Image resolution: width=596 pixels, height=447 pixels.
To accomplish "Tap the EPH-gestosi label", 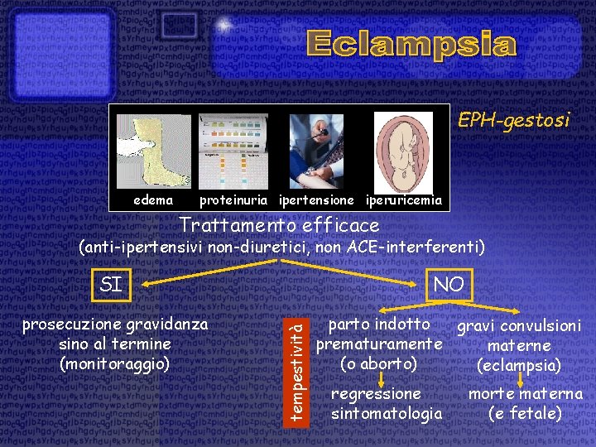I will tap(514, 121).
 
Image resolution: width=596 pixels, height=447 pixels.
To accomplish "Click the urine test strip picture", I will tap(233, 151).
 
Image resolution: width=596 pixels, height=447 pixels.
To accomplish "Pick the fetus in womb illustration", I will tap(403, 151).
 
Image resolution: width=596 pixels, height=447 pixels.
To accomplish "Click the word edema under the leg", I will tap(153, 200).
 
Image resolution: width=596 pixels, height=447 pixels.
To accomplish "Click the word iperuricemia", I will tap(403, 200).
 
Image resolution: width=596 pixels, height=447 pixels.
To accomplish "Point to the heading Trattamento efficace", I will tap(279, 225).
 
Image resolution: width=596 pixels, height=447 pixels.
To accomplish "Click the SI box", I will tap(111, 285).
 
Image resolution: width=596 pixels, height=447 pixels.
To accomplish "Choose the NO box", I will tap(448, 285).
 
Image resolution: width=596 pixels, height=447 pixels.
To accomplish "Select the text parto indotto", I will tap(379, 324).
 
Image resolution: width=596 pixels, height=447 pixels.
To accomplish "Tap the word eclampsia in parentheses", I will tap(519, 364).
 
